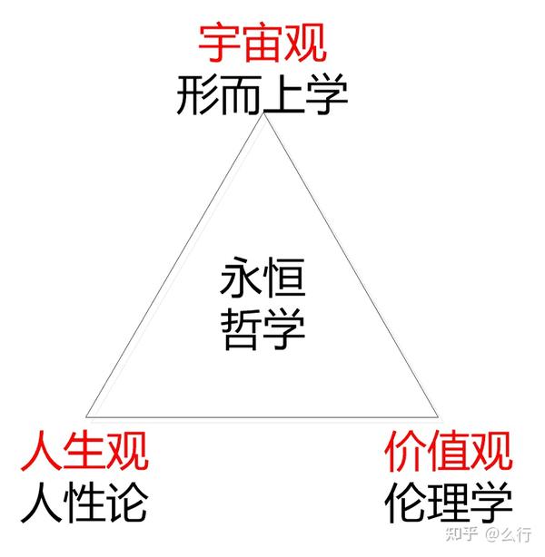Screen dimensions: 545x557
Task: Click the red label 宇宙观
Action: [x=262, y=41]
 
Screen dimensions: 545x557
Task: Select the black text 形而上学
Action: [x=262, y=94]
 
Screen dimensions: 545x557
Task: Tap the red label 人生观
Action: [x=83, y=449]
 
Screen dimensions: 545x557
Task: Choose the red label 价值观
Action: [x=448, y=449]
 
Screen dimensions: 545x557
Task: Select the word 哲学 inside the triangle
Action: [x=262, y=331]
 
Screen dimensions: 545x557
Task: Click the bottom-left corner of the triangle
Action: [x=86, y=413]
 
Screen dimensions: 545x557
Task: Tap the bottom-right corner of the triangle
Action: [x=432, y=411]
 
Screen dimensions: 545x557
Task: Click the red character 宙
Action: [x=262, y=41]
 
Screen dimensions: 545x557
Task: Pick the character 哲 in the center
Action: [x=240, y=331]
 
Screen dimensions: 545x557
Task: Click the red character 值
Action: [x=448, y=449]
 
